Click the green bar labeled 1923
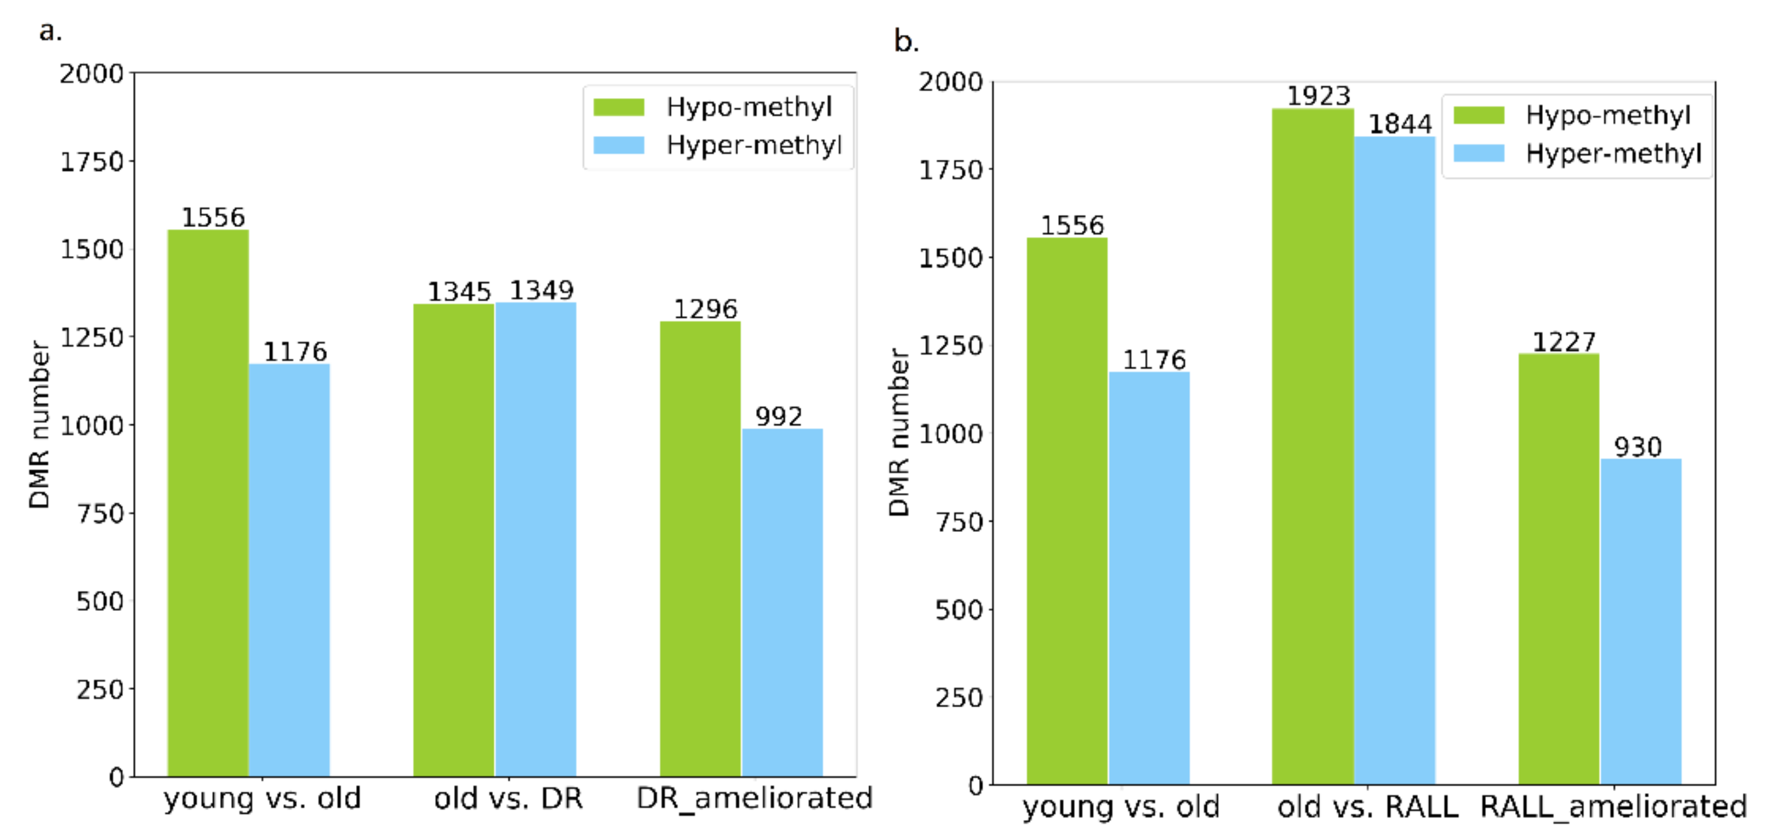point(1312,447)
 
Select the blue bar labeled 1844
point(1395,460)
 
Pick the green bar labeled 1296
point(700,549)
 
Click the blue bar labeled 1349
point(535,539)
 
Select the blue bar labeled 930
point(1641,621)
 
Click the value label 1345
point(459,292)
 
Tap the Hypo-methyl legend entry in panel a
point(715,107)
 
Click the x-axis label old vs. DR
point(508,798)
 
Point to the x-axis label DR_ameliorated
point(754,798)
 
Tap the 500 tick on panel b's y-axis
point(958,610)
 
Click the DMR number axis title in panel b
point(899,433)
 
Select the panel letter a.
point(49,31)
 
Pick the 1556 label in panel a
point(213,218)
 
